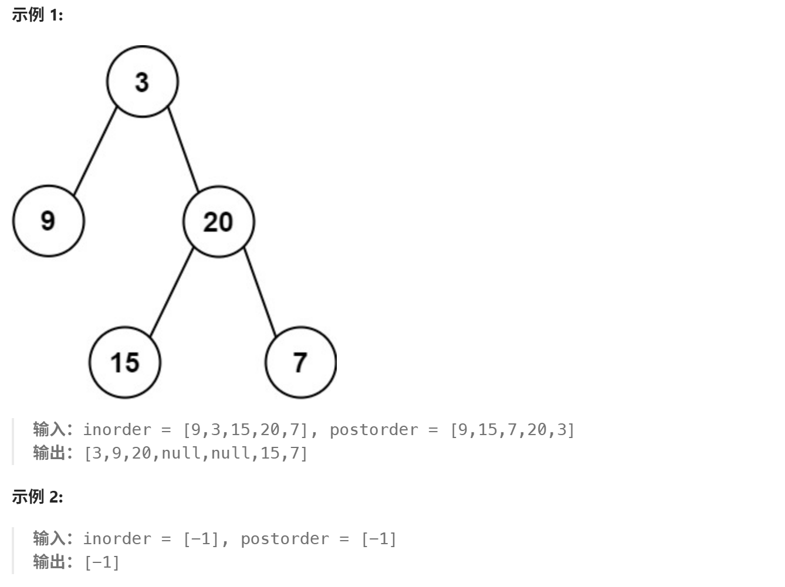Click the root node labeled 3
[142, 82]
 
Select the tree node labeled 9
[48, 221]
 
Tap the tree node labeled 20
[218, 222]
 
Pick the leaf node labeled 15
[124, 362]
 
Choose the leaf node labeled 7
[300, 362]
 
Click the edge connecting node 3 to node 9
[95, 151]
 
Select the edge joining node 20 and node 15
[171, 292]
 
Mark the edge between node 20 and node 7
[260, 291]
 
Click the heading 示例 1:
[37, 15]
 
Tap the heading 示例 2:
[37, 497]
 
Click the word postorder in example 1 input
[374, 430]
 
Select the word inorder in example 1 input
[117, 430]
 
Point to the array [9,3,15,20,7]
[246, 430]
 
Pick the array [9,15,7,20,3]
[512, 430]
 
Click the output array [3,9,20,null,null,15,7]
[196, 453]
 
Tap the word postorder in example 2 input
[285, 539]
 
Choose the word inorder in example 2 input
[117, 539]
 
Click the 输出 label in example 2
[49, 562]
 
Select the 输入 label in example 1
[49, 429]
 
